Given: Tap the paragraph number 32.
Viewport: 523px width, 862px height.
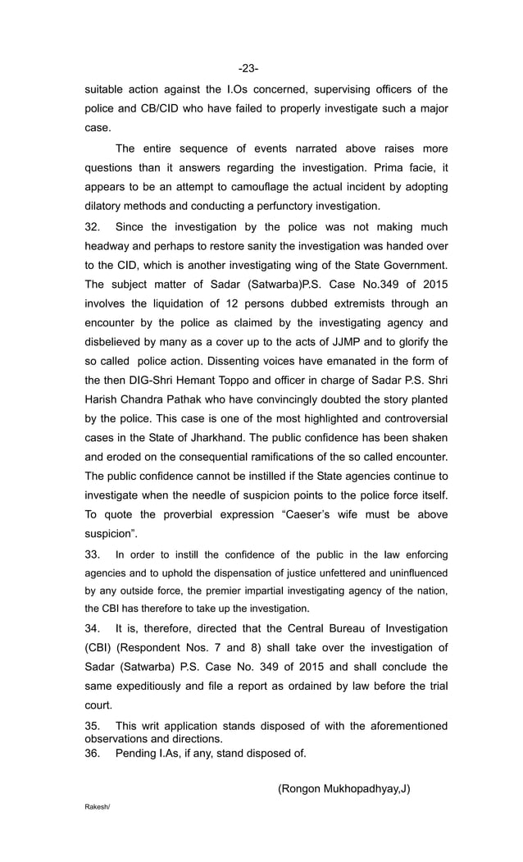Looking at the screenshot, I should pos(94,226).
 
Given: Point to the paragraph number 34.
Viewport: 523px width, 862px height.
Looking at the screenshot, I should pos(94,628).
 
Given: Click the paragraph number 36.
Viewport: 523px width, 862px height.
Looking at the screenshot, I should pos(94,754).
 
